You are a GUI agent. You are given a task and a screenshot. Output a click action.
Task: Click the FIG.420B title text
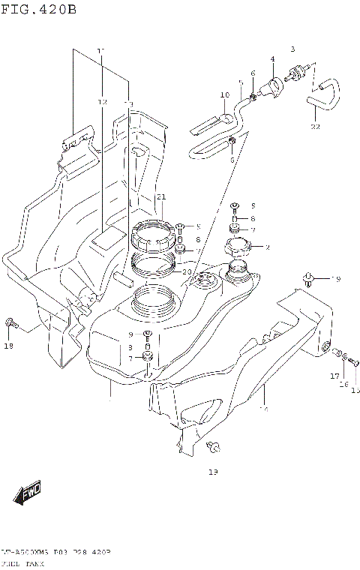coord(39,10)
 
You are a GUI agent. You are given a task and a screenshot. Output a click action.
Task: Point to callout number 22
coord(315,127)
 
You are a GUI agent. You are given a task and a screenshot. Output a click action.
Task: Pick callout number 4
coord(272,58)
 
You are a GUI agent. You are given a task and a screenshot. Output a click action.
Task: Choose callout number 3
coord(293,48)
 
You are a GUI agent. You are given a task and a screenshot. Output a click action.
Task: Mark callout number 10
coord(223,95)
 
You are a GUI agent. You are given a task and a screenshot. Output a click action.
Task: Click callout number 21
coord(160,197)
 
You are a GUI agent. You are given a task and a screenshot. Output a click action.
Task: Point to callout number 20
coord(187,271)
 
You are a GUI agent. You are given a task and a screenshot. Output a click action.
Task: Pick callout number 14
coord(263,409)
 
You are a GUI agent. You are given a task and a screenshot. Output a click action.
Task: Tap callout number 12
coord(103,101)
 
